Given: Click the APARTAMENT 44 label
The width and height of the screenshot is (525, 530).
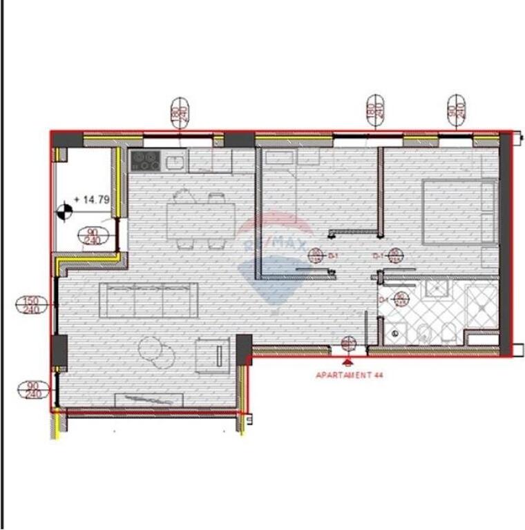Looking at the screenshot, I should (349, 375).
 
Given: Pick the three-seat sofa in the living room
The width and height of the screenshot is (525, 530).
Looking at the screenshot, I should (149, 300).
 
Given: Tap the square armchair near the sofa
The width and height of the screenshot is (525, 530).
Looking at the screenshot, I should (213, 356).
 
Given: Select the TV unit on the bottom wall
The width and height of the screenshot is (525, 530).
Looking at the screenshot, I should (149, 399).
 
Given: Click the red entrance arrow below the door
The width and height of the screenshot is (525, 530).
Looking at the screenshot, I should (348, 360).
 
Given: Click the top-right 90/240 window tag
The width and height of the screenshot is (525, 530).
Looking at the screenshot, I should (455, 111).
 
